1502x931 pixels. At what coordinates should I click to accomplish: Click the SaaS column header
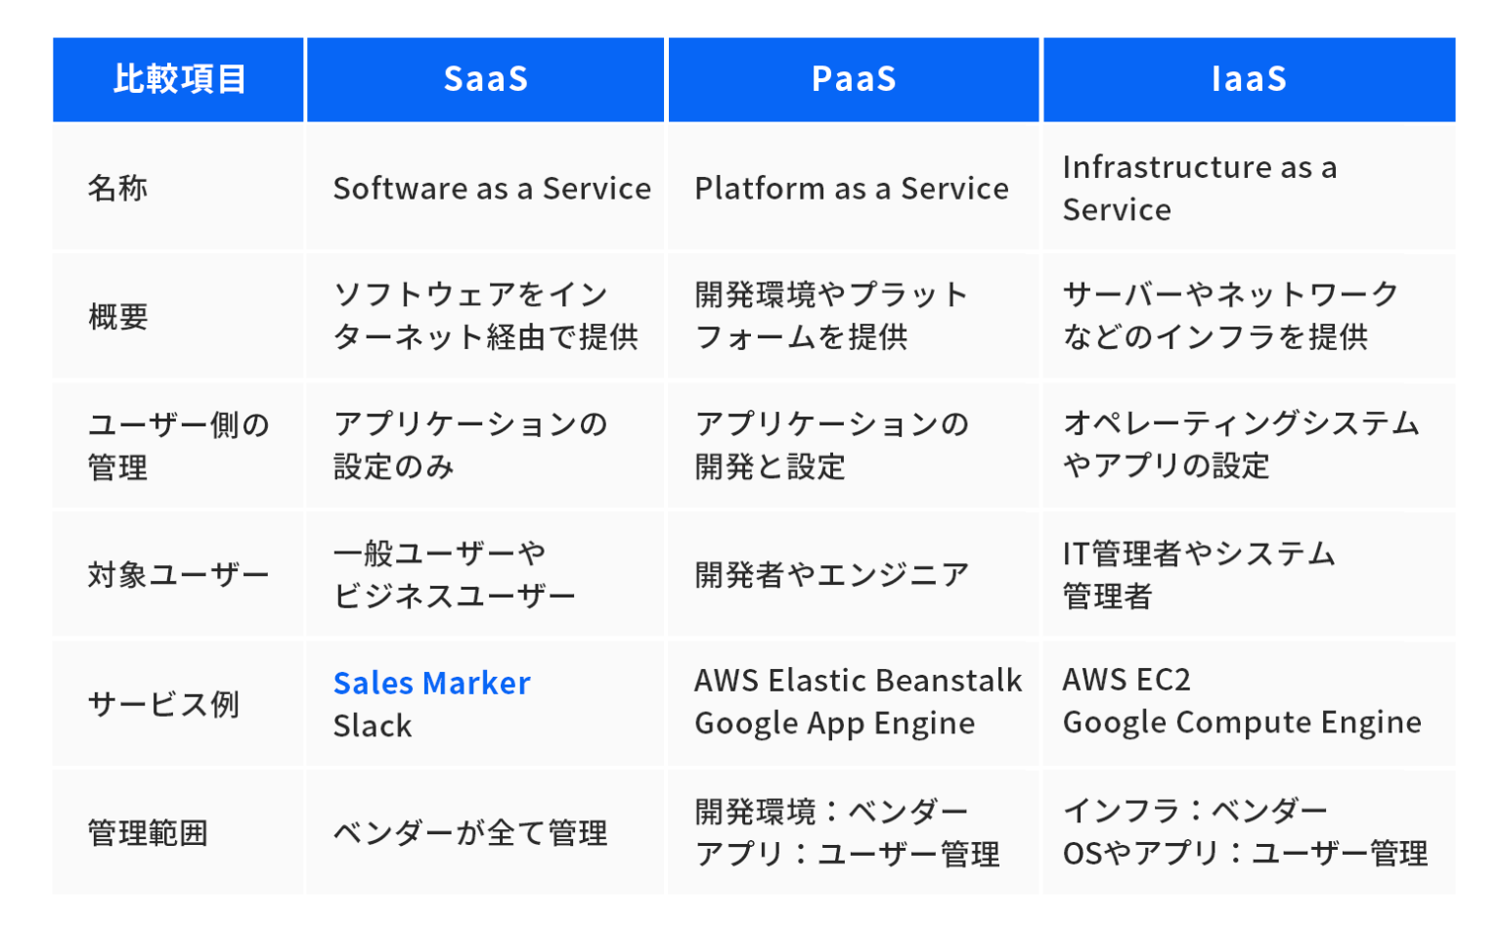click(x=485, y=79)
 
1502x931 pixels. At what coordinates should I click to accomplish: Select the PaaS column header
click(x=853, y=79)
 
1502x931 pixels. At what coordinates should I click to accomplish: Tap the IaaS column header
click(x=1248, y=79)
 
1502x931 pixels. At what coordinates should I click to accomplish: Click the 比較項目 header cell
click(x=179, y=79)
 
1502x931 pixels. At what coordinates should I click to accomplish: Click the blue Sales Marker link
click(x=431, y=683)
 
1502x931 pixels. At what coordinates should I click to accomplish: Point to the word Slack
click(x=372, y=726)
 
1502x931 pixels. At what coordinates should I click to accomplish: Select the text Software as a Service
click(x=491, y=188)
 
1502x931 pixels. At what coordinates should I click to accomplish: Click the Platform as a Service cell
click(x=851, y=188)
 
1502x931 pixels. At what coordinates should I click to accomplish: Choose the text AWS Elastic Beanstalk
click(x=858, y=680)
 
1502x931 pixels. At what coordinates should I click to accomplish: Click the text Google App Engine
click(x=834, y=724)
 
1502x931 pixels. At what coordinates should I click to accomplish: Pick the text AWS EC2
click(x=1126, y=680)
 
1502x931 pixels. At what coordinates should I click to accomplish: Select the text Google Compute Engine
click(x=1241, y=723)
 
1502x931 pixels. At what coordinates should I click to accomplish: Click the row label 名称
click(x=117, y=188)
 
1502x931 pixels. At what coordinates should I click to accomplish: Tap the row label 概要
click(x=117, y=316)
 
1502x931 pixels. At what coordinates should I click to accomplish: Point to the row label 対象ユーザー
click(x=178, y=575)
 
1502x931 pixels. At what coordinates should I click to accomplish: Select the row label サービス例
click(x=163, y=703)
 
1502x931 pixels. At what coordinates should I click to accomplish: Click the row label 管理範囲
click(x=148, y=833)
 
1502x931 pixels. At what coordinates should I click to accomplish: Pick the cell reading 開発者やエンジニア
click(x=831, y=575)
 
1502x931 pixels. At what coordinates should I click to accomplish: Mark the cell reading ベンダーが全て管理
click(x=470, y=833)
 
